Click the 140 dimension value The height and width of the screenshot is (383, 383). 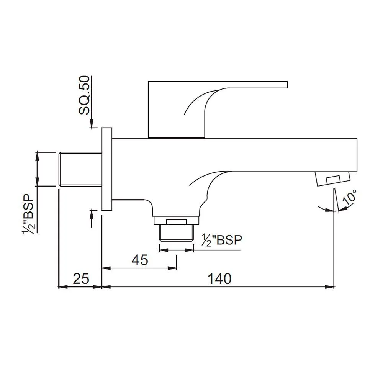[220, 278]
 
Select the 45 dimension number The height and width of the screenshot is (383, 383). [139, 260]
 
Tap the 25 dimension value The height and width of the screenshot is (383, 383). [81, 278]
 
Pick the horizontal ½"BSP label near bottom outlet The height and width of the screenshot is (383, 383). [223, 240]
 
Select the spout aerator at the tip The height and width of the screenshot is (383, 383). [333, 179]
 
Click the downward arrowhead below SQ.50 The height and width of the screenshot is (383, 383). [92, 124]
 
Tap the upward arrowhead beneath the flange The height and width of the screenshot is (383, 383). [92, 213]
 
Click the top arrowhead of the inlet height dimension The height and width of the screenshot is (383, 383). [38, 155]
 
